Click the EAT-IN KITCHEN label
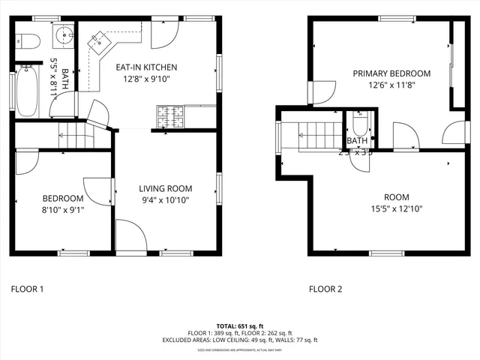pos(146,67)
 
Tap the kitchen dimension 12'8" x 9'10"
pos(146,78)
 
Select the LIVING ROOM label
pos(166,188)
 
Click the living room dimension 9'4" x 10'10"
pos(166,199)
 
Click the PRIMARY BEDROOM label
pos(392,73)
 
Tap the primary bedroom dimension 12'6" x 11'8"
pos(392,85)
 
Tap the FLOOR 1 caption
pos(27,288)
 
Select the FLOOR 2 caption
pos(325,288)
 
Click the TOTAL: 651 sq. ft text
pos(240,326)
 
